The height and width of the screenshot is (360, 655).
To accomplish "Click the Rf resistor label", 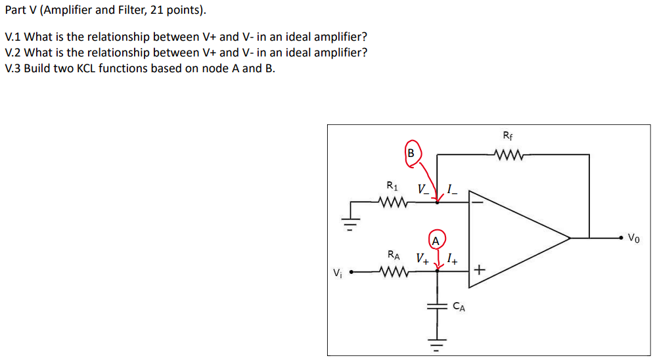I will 507,137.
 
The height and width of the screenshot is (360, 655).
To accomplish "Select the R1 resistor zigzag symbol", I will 394,202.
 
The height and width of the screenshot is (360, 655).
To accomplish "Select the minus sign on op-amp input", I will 478,202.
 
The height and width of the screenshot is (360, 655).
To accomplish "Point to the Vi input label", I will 337,272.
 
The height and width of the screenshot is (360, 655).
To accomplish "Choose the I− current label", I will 452,191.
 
